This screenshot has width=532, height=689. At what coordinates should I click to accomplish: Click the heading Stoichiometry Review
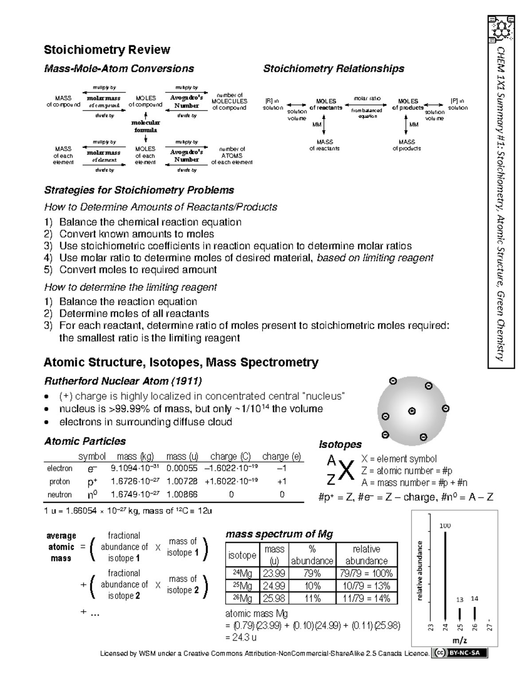click(107, 50)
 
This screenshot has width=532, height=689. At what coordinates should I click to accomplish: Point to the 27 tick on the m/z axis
click(489, 627)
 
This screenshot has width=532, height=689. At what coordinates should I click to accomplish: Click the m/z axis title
click(459, 640)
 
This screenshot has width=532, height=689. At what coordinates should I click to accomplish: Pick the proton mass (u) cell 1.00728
click(182, 481)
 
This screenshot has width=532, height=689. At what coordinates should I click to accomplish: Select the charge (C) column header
click(231, 457)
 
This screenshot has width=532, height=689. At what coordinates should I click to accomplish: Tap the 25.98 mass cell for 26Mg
click(274, 598)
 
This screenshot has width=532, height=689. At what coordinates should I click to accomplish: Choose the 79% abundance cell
click(312, 573)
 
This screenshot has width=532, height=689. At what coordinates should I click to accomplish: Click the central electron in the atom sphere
click(412, 411)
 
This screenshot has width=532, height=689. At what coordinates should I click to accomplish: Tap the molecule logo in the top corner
click(502, 28)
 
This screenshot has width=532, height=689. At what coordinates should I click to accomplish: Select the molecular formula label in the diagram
click(146, 126)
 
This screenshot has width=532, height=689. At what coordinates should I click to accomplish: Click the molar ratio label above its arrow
click(367, 98)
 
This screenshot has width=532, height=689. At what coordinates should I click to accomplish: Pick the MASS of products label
click(407, 145)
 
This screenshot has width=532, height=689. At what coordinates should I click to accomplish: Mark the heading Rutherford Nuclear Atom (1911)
click(123, 381)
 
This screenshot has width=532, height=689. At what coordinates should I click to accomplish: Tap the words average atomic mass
click(61, 547)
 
